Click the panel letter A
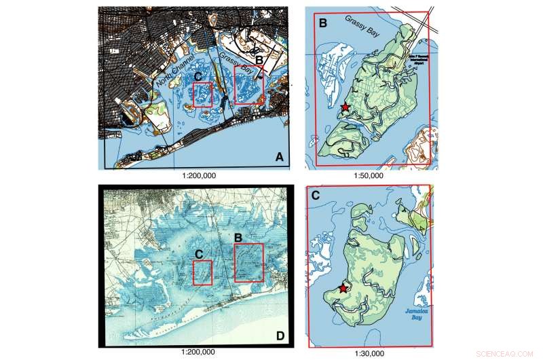coord(278,158)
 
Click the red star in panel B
coord(345,107)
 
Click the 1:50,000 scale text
coord(369,175)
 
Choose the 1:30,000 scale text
coord(369,353)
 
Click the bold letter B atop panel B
coord(323,23)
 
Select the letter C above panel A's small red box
coord(198,76)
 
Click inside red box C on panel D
coord(202,274)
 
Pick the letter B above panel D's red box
coord(238,238)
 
